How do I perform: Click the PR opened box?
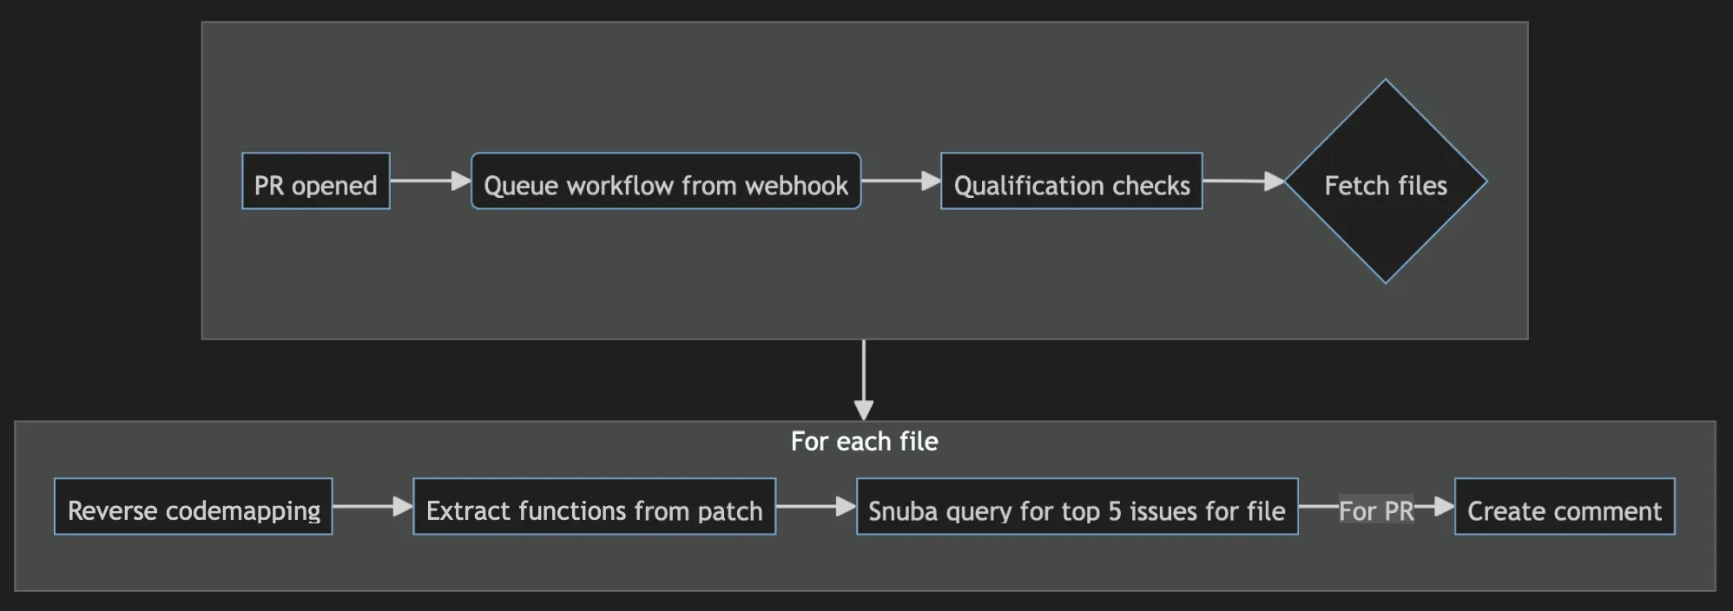pos(315,181)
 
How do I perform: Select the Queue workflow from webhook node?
pos(665,181)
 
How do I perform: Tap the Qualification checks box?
pos(1071,181)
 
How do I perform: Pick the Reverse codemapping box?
pos(193,506)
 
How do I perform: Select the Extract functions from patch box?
pos(594,506)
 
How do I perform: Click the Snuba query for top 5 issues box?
pos(1077,506)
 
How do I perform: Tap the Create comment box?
pos(1564,506)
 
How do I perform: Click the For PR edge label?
pos(1375,510)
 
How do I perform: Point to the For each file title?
pos(864,441)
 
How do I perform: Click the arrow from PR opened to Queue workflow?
pos(429,181)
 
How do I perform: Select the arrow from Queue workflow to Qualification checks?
pos(899,181)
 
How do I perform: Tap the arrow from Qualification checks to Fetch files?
pos(1242,181)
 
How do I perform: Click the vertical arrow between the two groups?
pos(863,378)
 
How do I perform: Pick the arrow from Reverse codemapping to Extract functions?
pos(372,506)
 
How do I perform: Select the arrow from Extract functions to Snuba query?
pos(815,506)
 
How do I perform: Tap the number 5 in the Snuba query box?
pos(1115,511)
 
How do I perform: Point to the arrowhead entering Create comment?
pos(1444,506)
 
